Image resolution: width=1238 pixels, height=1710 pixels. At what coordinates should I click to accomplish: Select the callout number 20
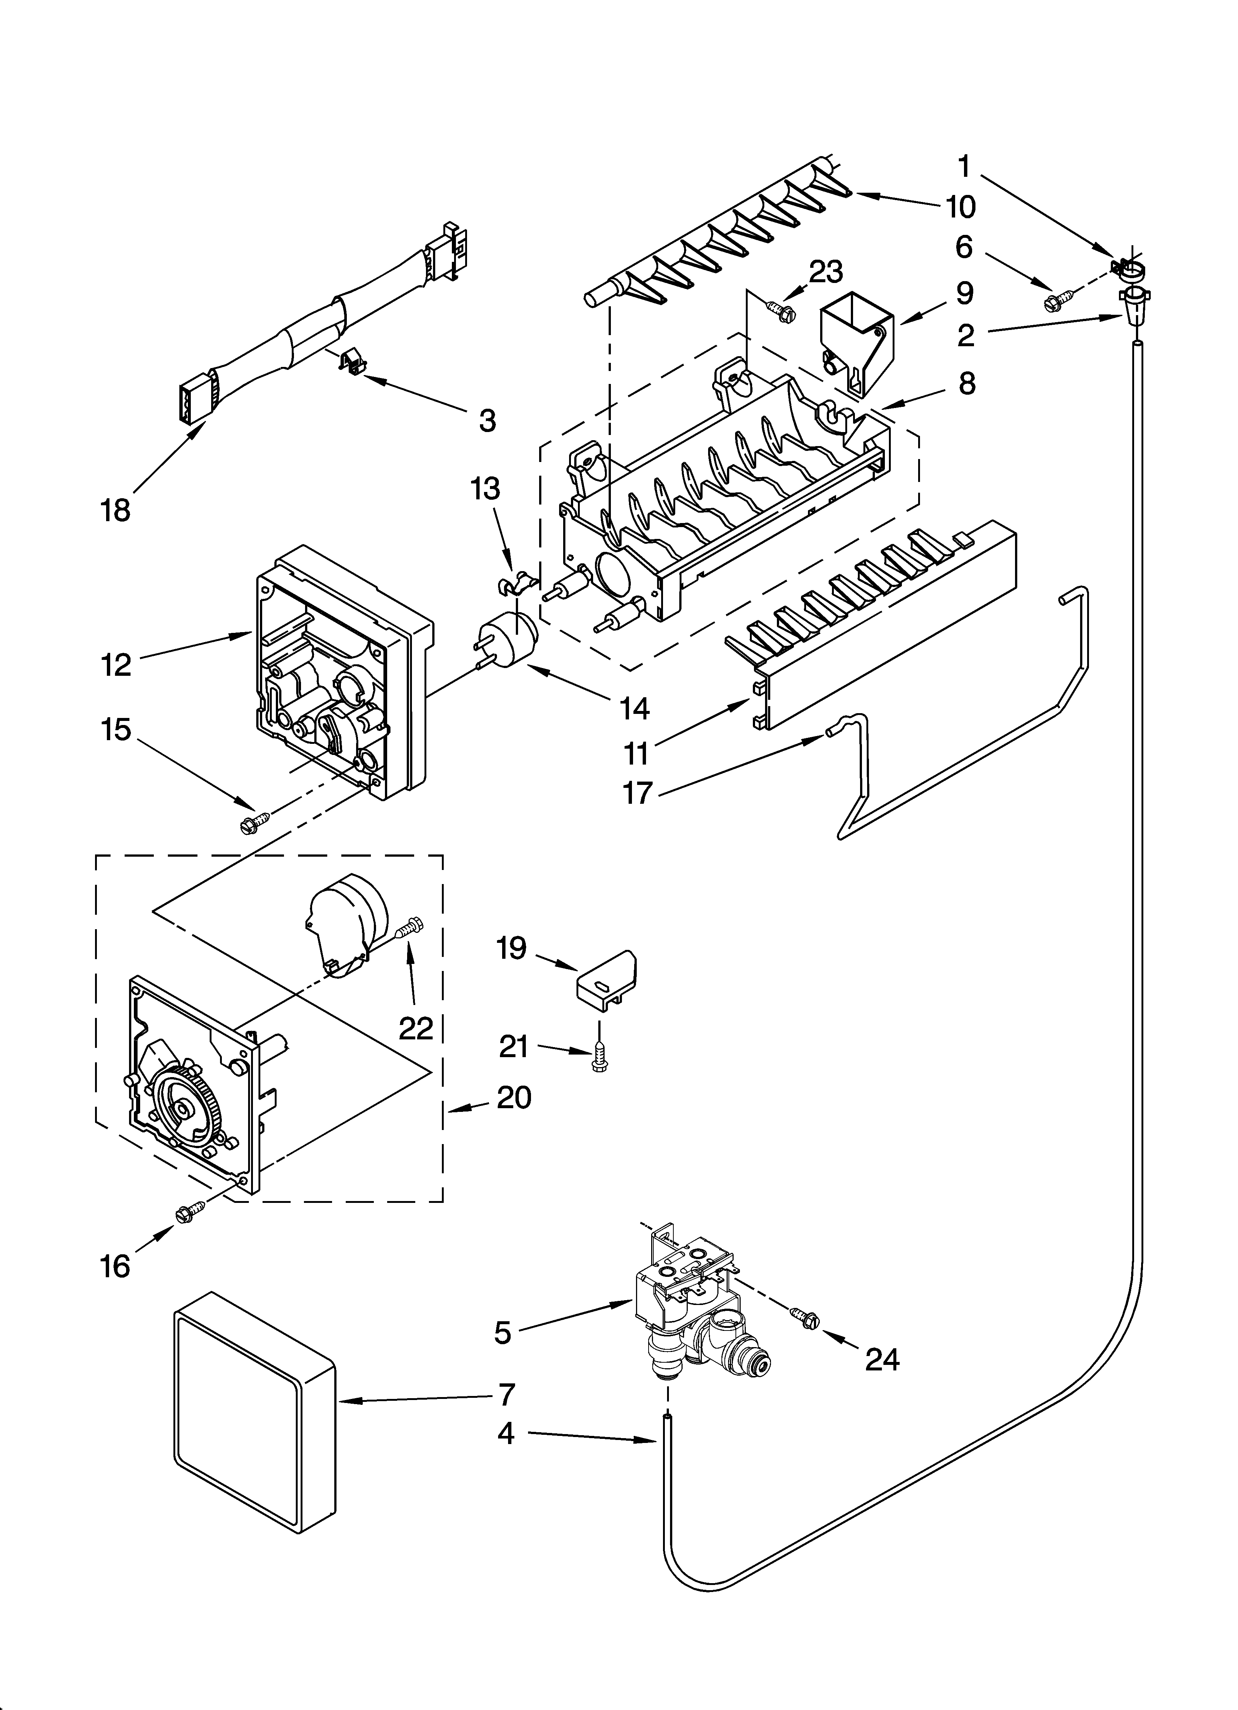click(514, 1097)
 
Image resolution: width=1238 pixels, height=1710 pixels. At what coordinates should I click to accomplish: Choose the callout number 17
click(637, 792)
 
